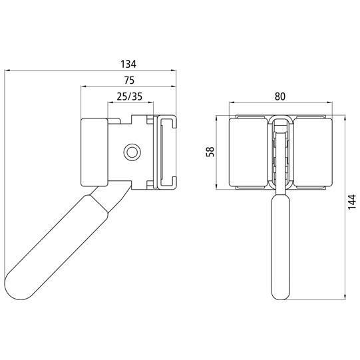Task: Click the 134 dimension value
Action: [128, 64]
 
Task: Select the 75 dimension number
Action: [129, 81]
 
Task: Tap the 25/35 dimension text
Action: [130, 96]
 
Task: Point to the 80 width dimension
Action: [280, 96]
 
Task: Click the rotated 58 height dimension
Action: [210, 152]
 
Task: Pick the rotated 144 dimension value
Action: [352, 202]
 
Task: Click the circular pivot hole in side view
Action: [132, 152]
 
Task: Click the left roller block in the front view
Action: [249, 152]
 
